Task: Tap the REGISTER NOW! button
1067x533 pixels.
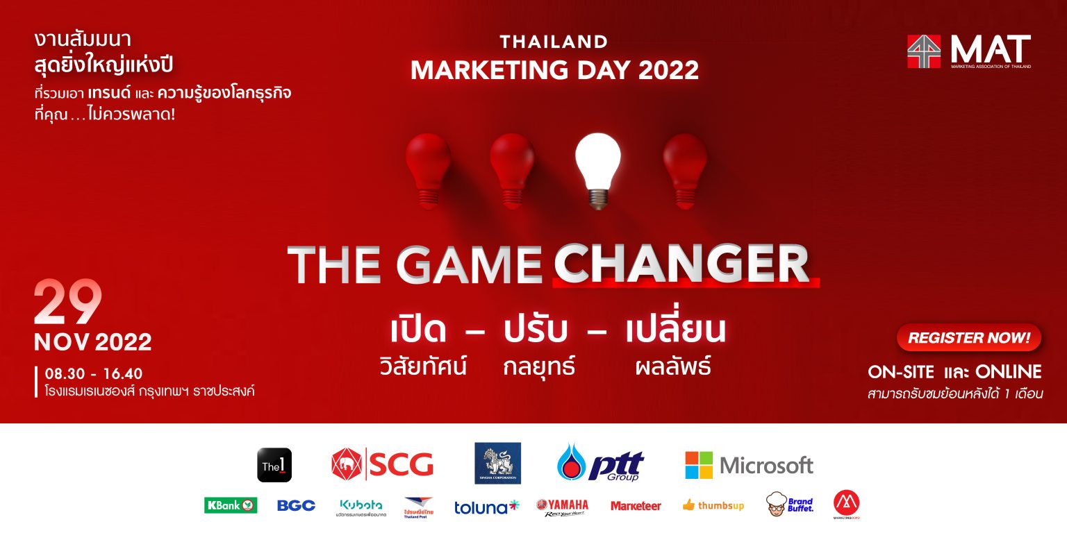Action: click(x=968, y=338)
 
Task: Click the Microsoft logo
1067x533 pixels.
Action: click(x=749, y=465)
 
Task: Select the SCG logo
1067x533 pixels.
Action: click(x=382, y=464)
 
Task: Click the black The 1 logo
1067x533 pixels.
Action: click(x=274, y=465)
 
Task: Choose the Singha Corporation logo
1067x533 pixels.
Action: click(x=497, y=463)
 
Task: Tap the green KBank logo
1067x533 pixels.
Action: click(x=231, y=505)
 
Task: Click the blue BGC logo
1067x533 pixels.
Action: click(x=296, y=505)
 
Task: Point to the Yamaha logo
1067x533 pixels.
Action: click(x=562, y=507)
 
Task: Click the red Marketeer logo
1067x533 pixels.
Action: click(x=636, y=506)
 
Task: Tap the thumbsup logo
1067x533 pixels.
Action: click(x=713, y=505)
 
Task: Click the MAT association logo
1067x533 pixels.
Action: click(x=968, y=51)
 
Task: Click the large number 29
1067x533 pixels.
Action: click(x=68, y=303)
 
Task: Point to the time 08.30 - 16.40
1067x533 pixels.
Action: click(x=94, y=374)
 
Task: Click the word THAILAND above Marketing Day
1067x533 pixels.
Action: click(x=554, y=42)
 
